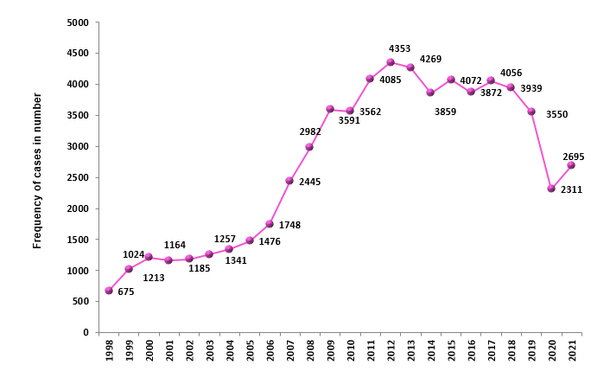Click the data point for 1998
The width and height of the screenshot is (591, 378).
coord(109,291)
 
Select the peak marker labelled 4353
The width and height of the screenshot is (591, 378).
coord(391,62)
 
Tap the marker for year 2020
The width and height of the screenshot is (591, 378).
coord(551,189)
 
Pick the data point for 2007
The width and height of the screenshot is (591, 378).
coord(289,181)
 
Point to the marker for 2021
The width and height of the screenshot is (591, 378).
coord(571,165)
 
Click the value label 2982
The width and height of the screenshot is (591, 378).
coord(311,131)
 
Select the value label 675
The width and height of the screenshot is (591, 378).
coord(125,292)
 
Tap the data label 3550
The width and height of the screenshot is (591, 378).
coord(558,114)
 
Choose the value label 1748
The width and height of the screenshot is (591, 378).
coord(289,225)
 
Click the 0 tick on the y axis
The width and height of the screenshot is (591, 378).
coord(86,332)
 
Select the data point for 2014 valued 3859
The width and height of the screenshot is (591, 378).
coord(430,93)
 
